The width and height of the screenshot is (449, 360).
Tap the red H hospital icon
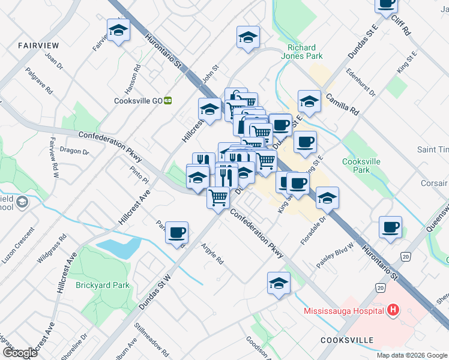pyautogui.click(x=393, y=310)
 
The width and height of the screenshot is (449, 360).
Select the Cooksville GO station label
pyautogui.click(x=138, y=101)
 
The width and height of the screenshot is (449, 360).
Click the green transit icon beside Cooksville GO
pyautogui.click(x=169, y=101)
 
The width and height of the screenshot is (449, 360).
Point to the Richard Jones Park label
pyautogui.click(x=305, y=52)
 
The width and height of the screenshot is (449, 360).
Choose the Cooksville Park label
pyautogui.click(x=362, y=165)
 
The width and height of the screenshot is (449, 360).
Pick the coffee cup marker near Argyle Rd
pyautogui.click(x=176, y=232)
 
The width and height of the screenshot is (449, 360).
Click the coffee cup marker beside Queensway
pyautogui.click(x=390, y=227)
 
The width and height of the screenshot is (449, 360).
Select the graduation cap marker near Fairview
pyautogui.click(x=118, y=30)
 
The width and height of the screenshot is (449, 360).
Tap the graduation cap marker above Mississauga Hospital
pyautogui.click(x=279, y=283)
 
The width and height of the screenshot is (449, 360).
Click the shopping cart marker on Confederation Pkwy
pyautogui.click(x=218, y=197)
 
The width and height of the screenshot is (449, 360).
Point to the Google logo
pyautogui.click(x=19, y=353)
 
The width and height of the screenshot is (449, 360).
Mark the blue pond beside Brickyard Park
pyautogui.click(x=118, y=248)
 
